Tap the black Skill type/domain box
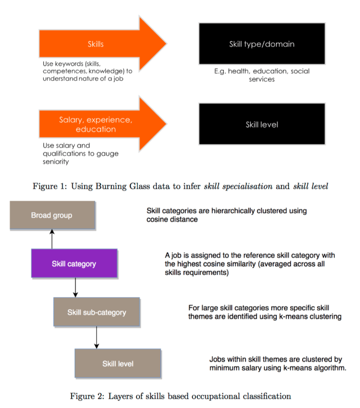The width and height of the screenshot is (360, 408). (262, 44)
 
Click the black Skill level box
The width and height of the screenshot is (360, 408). (262, 124)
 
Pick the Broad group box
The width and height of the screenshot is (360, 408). (52, 215)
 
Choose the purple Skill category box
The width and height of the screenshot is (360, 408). (74, 264)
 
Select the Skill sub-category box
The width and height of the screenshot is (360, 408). (96, 312)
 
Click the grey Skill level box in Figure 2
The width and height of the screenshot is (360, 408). (118, 364)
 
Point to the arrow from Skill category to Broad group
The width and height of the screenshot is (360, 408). (52, 239)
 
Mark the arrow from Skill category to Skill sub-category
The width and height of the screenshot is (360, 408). (75, 288)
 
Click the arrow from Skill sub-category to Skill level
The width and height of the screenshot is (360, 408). (97, 337)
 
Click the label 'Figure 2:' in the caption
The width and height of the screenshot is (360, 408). (85, 396)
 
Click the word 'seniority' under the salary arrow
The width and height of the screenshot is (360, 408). (56, 162)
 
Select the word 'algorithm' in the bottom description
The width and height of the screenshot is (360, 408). (327, 369)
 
